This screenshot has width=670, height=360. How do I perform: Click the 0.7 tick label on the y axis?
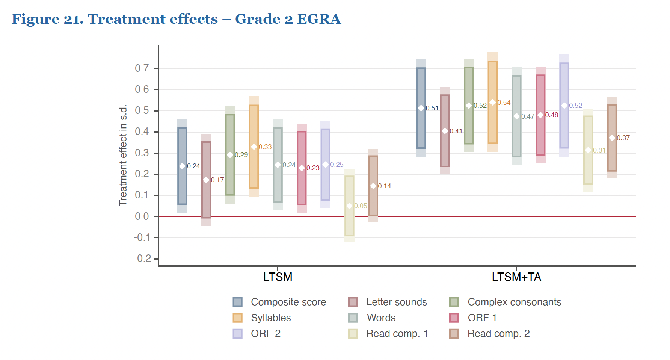pos(142,68)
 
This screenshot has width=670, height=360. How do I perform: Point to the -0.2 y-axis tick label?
pos(142,259)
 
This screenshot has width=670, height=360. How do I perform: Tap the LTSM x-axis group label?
pos(278,277)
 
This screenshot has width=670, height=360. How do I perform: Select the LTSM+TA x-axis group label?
pos(516,277)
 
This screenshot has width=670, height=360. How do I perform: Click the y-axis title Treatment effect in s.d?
pos(123,156)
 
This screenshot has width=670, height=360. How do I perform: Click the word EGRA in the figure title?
pos(319,19)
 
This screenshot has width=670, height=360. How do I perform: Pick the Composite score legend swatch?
pos(237,302)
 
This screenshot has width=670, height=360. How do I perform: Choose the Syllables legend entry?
pos(271,318)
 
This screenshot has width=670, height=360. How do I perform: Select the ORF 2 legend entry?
pos(266,334)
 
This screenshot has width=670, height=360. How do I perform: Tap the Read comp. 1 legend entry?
pos(397,334)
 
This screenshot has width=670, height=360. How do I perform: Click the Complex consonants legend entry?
pos(514,302)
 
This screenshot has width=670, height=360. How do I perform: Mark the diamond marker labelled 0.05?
pos(349,206)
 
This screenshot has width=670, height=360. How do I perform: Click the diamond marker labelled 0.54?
pos(493,103)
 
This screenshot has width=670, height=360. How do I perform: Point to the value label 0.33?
pos(265,147)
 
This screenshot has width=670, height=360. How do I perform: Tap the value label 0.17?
pos(217,180)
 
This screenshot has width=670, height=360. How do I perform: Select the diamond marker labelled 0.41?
pos(445,131)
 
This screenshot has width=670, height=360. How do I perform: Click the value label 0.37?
pos(623,138)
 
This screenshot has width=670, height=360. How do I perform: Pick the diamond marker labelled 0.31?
pos(588,150)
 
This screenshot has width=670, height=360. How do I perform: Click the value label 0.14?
pos(385,186)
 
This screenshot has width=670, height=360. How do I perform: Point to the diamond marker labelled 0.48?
pos(540,115)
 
